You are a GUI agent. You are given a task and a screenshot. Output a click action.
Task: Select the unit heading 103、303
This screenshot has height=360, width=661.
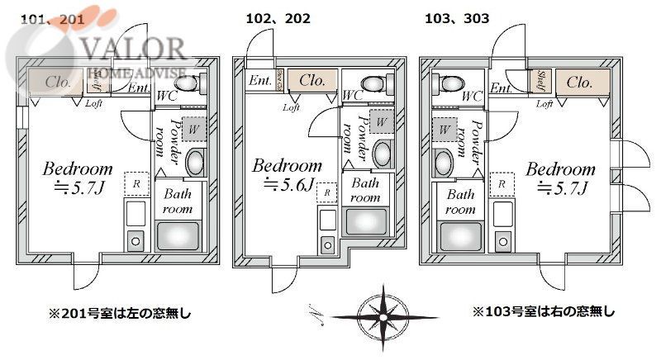click(456, 17)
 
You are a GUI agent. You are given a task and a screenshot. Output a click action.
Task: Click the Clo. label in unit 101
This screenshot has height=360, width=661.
click(57, 82)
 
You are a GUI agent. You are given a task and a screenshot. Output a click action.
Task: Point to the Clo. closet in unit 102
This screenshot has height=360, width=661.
click(311, 80)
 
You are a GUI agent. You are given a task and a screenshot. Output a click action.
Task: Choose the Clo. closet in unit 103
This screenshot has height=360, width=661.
click(580, 82)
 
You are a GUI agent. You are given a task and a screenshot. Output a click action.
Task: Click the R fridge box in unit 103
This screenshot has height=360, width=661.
click(501, 183)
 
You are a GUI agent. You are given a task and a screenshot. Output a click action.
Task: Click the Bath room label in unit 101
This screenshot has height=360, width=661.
click(178, 202)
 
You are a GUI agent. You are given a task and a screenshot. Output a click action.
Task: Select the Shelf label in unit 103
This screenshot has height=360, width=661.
click(542, 82)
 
